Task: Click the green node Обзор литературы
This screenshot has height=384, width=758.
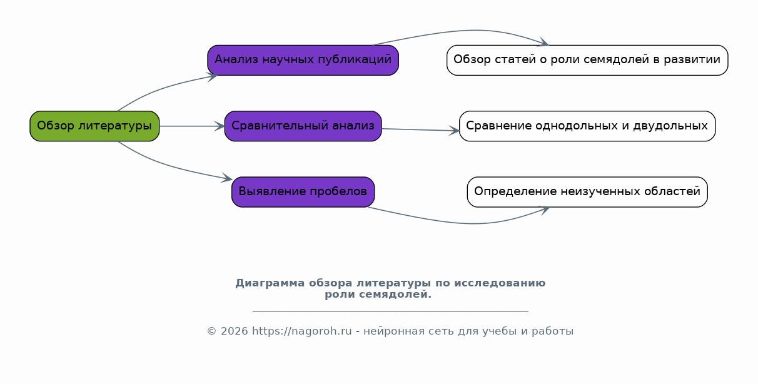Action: (x=94, y=126)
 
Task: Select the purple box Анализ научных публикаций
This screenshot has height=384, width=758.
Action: (x=303, y=60)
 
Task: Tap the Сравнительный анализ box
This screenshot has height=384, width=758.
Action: (x=303, y=126)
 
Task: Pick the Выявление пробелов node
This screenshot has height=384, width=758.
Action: (x=303, y=192)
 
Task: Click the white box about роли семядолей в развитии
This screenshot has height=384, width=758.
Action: (x=587, y=60)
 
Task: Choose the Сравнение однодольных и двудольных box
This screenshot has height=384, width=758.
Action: (x=587, y=126)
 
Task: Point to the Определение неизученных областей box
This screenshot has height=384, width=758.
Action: (x=587, y=192)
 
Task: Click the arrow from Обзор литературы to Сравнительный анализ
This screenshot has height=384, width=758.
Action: (x=192, y=126)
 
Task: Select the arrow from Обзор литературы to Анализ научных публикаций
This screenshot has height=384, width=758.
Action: (x=163, y=88)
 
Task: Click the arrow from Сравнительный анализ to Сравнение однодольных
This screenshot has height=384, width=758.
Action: (x=421, y=129)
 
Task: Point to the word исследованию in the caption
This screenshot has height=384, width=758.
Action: (x=500, y=283)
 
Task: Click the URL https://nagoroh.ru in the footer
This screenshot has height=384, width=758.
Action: (x=302, y=331)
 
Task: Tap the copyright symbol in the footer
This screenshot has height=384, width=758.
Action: (x=211, y=331)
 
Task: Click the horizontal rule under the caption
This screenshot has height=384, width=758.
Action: (x=390, y=311)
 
